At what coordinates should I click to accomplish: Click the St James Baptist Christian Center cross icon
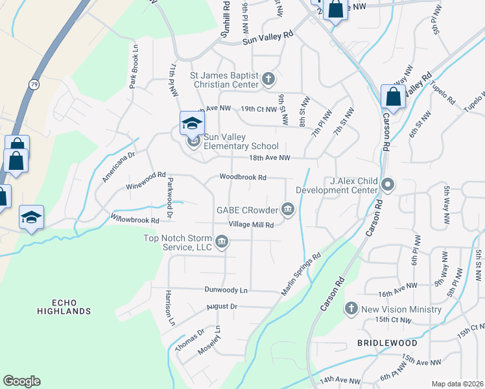pos(269,80)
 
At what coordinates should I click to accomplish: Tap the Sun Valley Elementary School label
pos(241,141)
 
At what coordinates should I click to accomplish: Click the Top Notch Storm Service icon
pos(222,242)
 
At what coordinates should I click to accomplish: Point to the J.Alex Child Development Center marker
pos(388,185)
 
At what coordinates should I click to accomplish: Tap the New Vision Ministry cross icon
pos(351,309)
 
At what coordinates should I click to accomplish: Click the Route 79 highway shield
pos(33,85)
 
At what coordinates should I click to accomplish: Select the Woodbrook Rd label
pos(243,177)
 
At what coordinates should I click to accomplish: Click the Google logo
pos(21,381)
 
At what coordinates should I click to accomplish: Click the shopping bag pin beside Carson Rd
pos(393,97)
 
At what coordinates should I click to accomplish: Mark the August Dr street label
pos(222,306)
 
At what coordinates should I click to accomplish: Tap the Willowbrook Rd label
pos(135,220)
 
